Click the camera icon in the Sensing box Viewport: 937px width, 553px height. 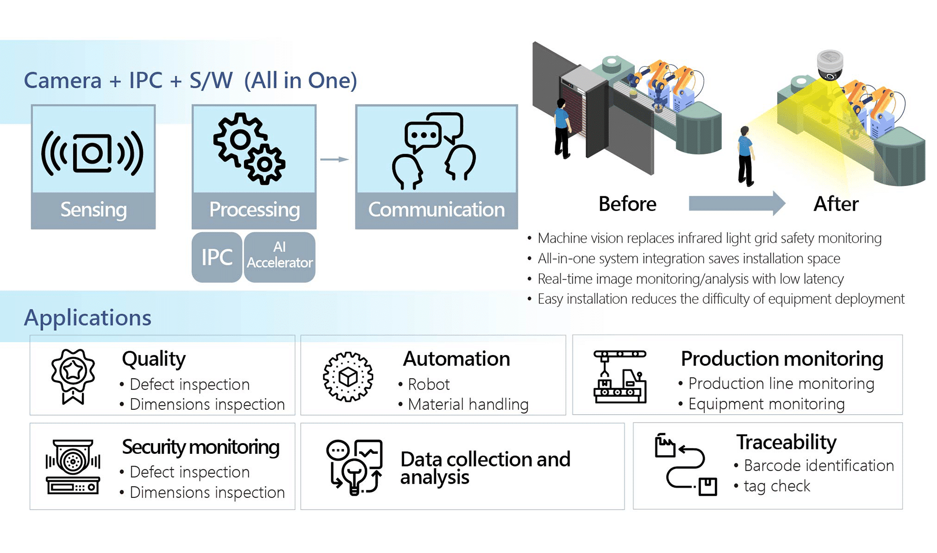[x=93, y=153]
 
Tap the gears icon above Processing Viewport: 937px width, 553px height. [x=249, y=148]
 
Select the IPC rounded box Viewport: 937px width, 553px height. [x=217, y=257]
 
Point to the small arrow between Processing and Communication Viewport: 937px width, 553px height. [x=334, y=159]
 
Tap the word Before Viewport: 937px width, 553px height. [x=627, y=204]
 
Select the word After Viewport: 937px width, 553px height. [x=835, y=204]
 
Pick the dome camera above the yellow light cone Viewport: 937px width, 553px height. [x=830, y=65]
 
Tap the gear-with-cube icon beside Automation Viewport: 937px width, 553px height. [x=348, y=377]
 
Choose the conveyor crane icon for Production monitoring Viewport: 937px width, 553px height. [x=620, y=376]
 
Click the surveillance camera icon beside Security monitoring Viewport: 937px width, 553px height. [x=73, y=467]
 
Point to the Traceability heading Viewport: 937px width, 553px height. [x=786, y=442]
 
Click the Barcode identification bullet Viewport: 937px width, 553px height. [x=818, y=466]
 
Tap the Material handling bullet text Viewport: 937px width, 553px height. [x=468, y=404]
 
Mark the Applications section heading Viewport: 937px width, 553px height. [x=88, y=318]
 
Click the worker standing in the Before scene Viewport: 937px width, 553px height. [x=562, y=128]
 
